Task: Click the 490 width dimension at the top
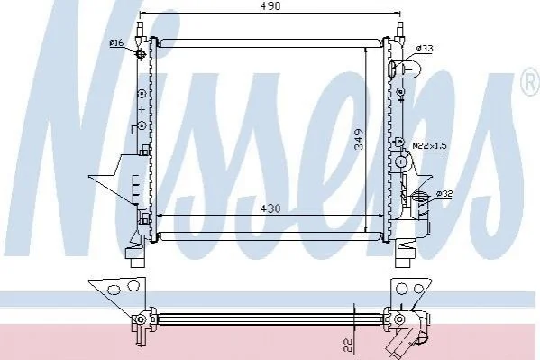tap(270, 5)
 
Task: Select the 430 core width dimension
tap(270, 208)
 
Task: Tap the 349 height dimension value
tap(359, 139)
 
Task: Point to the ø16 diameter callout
tap(116, 43)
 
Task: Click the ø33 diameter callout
tap(425, 49)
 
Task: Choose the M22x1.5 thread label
tap(429, 146)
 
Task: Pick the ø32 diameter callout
tap(444, 193)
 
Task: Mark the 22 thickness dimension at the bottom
tap(349, 346)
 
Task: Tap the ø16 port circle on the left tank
tap(142, 53)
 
